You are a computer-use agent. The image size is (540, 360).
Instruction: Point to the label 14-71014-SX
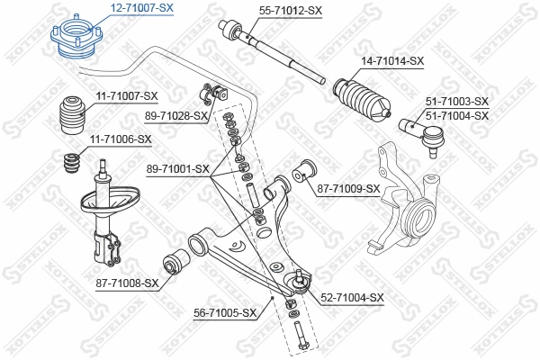(x=391, y=61)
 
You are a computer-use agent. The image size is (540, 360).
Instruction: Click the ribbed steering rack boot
(x=363, y=100)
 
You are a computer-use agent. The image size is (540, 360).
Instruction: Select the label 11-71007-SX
(x=125, y=95)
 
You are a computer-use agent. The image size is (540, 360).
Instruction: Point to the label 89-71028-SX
(x=175, y=116)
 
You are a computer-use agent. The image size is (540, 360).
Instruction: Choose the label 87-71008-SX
(x=126, y=283)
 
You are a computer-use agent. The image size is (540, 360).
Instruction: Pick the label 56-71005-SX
(x=225, y=313)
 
